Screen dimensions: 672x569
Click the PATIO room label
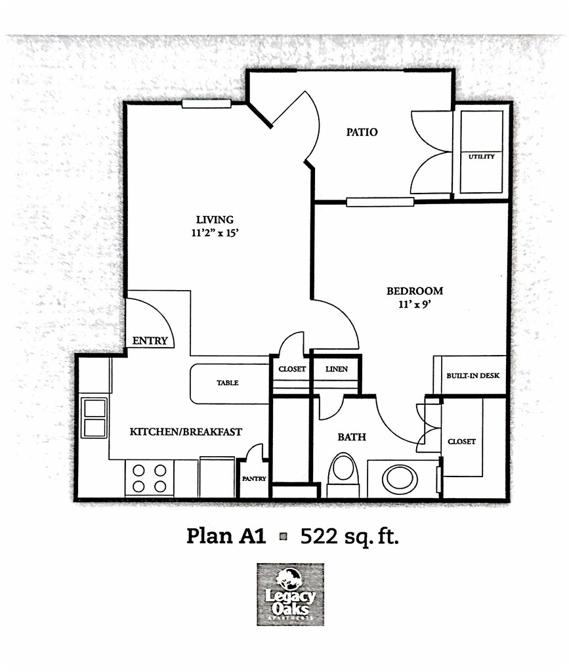[362, 132]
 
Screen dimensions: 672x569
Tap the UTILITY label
[481, 157]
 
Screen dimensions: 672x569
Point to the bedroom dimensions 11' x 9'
[414, 304]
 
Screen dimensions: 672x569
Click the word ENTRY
[150, 341]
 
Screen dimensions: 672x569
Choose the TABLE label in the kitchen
[228, 383]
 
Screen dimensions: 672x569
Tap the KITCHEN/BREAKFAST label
[186, 432]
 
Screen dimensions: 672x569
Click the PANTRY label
[254, 478]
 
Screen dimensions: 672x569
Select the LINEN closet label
[337, 369]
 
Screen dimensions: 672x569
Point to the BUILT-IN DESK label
[473, 375]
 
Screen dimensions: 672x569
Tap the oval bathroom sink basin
[400, 479]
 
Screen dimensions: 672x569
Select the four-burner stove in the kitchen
[150, 478]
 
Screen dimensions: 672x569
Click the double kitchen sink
[95, 417]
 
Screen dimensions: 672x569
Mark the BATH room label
[352, 436]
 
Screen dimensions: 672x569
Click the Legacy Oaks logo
[290, 593]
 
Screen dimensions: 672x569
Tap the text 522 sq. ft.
[350, 536]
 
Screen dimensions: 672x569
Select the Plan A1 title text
[226, 536]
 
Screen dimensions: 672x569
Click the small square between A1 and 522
[284, 537]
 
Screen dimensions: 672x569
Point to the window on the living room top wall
[206, 103]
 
